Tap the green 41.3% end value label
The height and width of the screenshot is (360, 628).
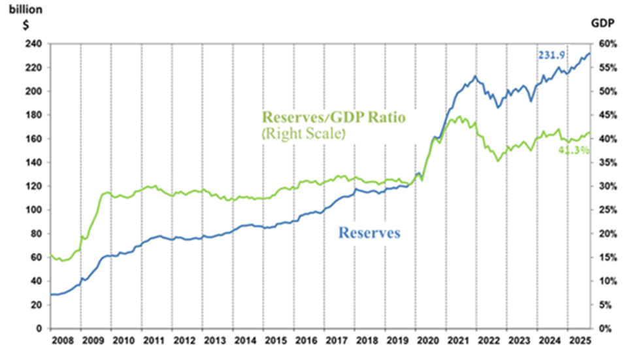pyautogui.click(x=574, y=150)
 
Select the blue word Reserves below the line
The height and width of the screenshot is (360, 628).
pyautogui.click(x=369, y=233)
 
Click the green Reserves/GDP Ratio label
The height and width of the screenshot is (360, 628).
pyautogui.click(x=333, y=118)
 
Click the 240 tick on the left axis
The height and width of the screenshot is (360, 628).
pyautogui.click(x=33, y=44)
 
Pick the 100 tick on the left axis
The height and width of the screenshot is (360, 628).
pyautogui.click(x=33, y=210)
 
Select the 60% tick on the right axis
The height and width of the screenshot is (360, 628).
pyautogui.click(x=610, y=44)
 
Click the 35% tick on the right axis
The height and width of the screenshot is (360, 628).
pyautogui.click(x=610, y=163)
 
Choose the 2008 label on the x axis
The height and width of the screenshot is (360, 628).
pyautogui.click(x=63, y=342)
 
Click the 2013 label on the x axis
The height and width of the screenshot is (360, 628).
pyautogui.click(x=214, y=342)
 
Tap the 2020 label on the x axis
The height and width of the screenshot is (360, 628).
pyautogui.click(x=426, y=342)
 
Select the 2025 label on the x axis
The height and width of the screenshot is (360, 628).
pyautogui.click(x=578, y=342)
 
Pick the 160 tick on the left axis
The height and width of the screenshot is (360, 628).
pyautogui.click(x=33, y=139)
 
